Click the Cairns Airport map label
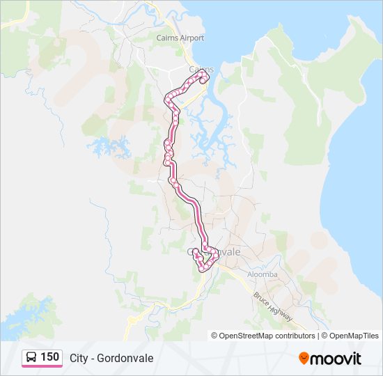pyautogui.click(x=180, y=38)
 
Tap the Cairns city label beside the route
pyautogui.click(x=201, y=69)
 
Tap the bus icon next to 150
pyautogui.click(x=31, y=357)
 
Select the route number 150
pyautogui.click(x=49, y=357)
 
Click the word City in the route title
pyautogui.click(x=79, y=358)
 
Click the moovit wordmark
pyautogui.click(x=336, y=359)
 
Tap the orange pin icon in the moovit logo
pyautogui.click(x=304, y=359)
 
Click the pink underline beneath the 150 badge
pyautogui.click(x=42, y=367)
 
